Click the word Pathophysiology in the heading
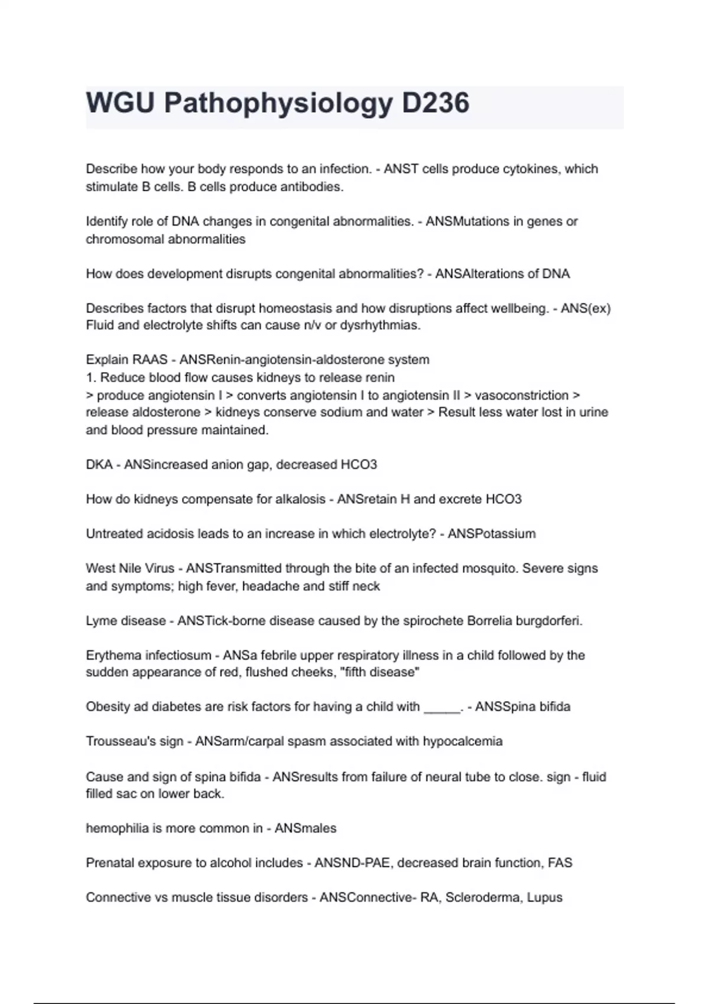click(x=278, y=103)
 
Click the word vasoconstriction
click(x=522, y=395)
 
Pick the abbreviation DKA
click(x=99, y=465)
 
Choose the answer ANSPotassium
click(x=492, y=534)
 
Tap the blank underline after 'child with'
click(x=442, y=708)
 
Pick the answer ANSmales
click(x=305, y=829)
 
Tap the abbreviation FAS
click(x=560, y=863)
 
